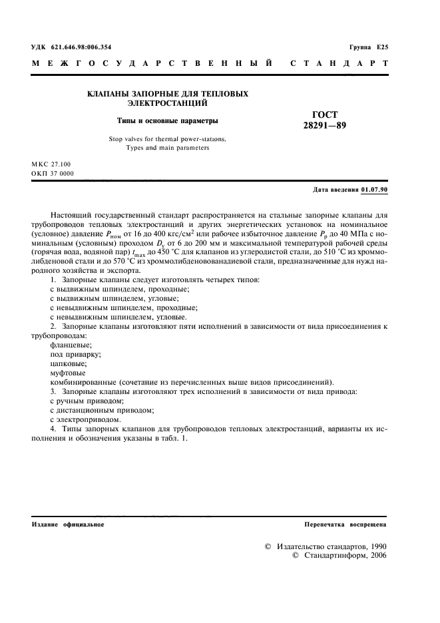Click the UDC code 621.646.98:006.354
pos(81,47)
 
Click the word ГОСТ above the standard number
pos(325,114)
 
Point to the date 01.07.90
pos(375,190)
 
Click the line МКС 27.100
pos(51,164)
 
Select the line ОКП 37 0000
pos(53,174)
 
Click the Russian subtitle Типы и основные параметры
pos(168,121)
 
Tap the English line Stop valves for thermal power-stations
pos(168,139)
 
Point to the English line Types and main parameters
pos(168,148)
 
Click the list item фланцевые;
pos(71,345)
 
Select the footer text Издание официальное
pos(68,525)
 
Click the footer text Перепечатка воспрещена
pos(345,525)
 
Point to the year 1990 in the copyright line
pos(373,546)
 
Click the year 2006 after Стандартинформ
pos(373,556)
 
